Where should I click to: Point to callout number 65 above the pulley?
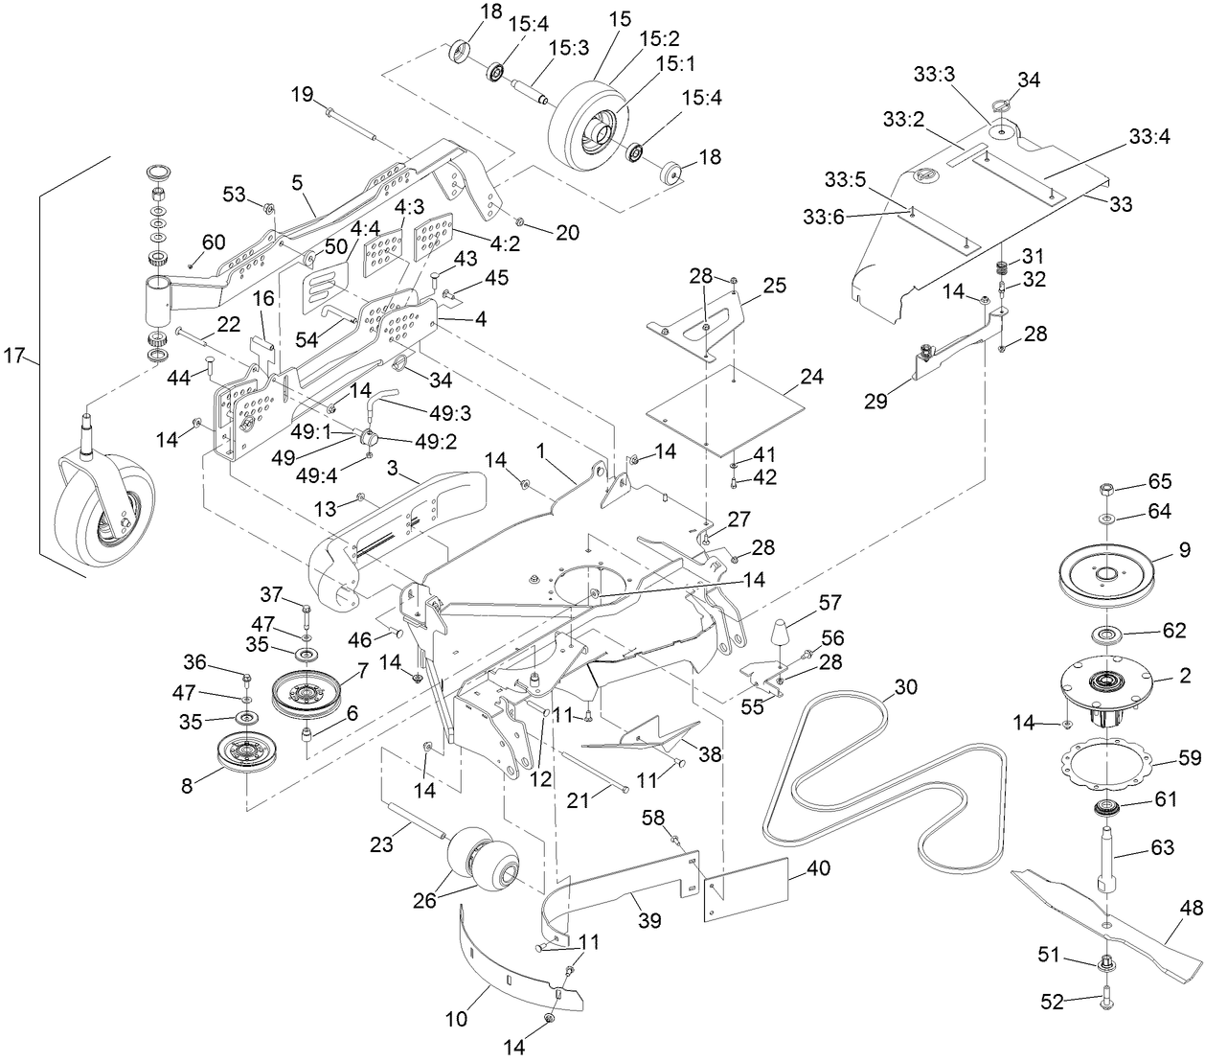point(1160,483)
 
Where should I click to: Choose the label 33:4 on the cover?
point(1149,137)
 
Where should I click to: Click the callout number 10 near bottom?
point(457,1018)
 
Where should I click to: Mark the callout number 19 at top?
point(302,94)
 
